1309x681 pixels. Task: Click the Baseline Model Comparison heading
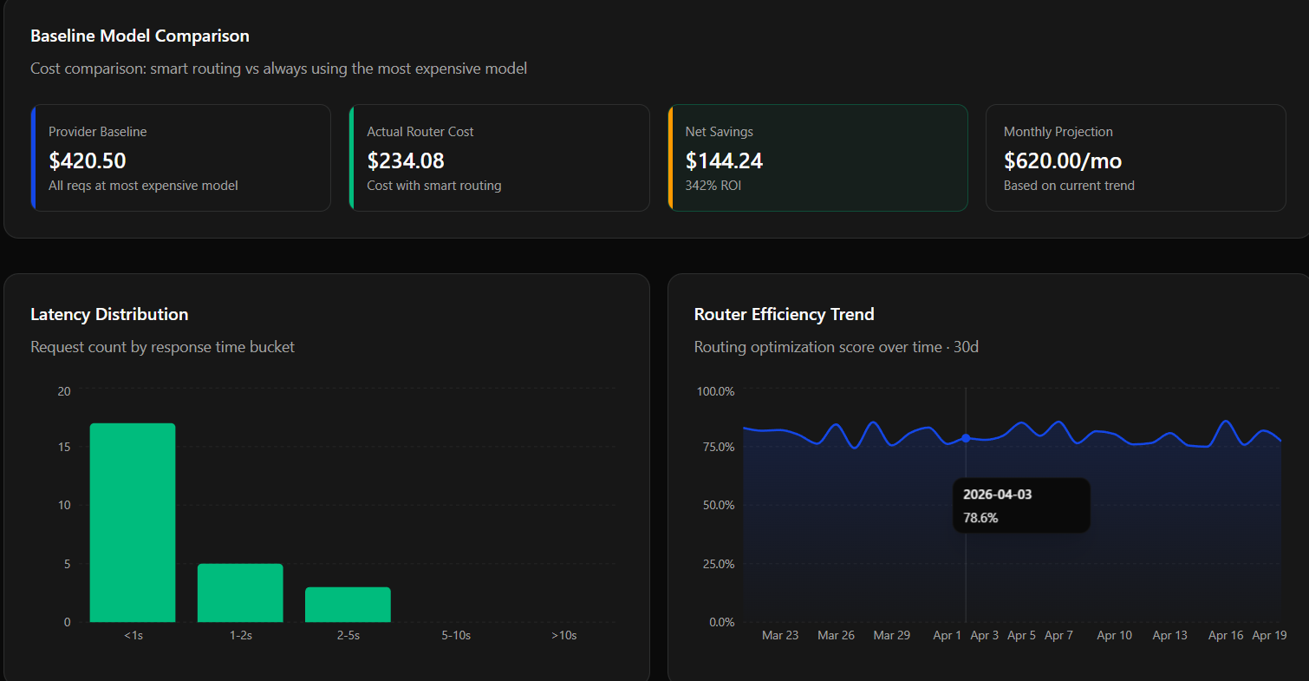click(x=140, y=36)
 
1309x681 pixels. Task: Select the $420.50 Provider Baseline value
click(x=88, y=160)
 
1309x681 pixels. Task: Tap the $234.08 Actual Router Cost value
click(x=406, y=160)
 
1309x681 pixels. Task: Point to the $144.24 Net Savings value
click(x=724, y=160)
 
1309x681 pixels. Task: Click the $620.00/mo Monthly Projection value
click(x=1063, y=160)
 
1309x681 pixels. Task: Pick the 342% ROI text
click(x=713, y=185)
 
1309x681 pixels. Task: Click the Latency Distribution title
click(x=109, y=314)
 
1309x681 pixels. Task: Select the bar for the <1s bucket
click(x=133, y=522)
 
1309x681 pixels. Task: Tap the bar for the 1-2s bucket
click(x=240, y=593)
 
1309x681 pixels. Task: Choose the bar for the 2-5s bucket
click(x=348, y=605)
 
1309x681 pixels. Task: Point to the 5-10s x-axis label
click(x=456, y=635)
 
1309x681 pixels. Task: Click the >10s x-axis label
click(x=563, y=635)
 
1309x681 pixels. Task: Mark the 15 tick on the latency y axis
click(x=63, y=447)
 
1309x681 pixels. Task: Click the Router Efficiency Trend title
click(x=784, y=314)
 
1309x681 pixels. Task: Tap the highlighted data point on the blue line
click(x=966, y=438)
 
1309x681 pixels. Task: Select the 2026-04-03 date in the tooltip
click(x=997, y=494)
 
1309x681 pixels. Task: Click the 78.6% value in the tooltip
click(x=980, y=518)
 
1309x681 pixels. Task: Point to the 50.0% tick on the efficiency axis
click(x=715, y=505)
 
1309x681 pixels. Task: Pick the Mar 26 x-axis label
click(x=836, y=635)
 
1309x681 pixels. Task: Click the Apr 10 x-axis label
click(x=1114, y=635)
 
